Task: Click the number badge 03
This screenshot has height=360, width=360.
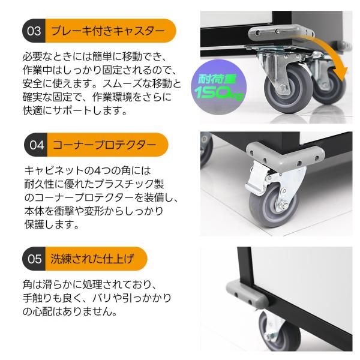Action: click(x=35, y=31)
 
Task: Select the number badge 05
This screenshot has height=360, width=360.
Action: click(x=35, y=259)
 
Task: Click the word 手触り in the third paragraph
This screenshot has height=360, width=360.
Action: click(x=40, y=298)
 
